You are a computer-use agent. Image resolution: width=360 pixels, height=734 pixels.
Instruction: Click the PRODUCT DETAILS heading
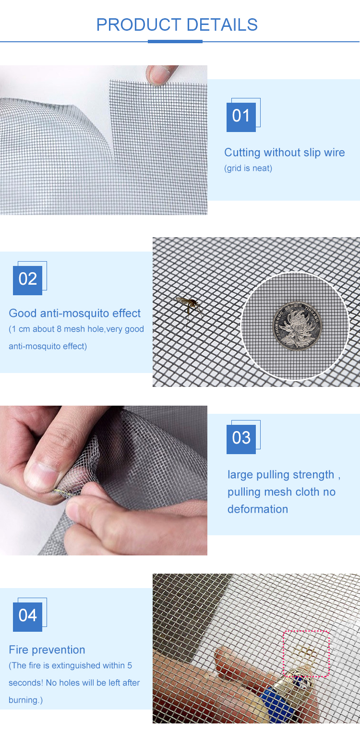click(x=177, y=24)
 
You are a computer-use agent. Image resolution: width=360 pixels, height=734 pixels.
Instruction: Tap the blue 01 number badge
click(x=241, y=117)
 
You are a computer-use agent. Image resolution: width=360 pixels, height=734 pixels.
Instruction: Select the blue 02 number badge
click(x=27, y=280)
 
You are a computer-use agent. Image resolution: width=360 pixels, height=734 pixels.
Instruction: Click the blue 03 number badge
click(x=241, y=439)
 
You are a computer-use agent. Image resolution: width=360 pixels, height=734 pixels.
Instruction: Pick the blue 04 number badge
click(x=27, y=617)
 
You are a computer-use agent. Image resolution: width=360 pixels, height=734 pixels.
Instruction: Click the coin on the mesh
click(x=298, y=326)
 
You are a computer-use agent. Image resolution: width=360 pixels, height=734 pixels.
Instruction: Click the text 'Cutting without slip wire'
click(x=284, y=153)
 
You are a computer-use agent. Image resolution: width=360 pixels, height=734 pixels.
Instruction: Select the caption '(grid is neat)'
click(x=248, y=168)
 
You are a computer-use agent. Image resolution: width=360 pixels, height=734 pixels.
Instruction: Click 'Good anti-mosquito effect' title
click(x=75, y=313)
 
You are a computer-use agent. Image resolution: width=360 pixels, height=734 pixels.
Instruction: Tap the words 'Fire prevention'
click(x=47, y=650)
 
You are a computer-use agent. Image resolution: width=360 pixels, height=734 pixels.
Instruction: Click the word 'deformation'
click(x=258, y=509)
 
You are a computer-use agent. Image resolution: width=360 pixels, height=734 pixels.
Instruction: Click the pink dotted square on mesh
click(x=306, y=653)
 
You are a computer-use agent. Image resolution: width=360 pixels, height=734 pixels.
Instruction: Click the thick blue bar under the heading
click(x=175, y=42)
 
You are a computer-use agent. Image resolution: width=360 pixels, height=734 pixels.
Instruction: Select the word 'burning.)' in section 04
click(x=25, y=700)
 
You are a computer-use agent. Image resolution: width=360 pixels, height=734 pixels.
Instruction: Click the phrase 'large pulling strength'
click(x=281, y=475)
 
